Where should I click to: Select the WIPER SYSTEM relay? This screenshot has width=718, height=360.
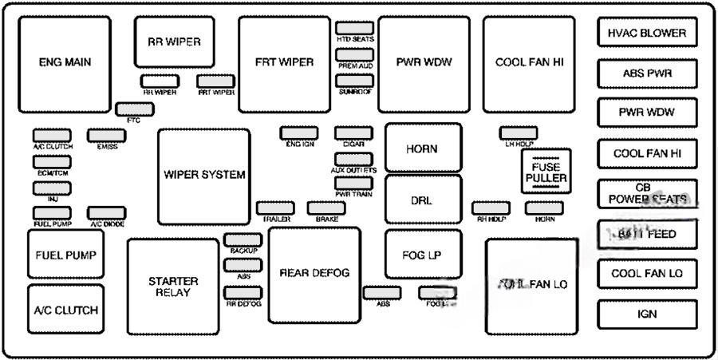point(204,176)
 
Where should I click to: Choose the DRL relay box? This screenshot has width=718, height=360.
point(423,200)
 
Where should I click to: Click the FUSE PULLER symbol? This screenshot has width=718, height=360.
point(546,170)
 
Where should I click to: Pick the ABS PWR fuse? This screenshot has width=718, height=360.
point(647,73)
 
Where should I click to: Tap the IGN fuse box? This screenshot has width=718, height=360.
point(647,314)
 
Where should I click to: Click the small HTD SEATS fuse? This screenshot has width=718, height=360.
point(355,28)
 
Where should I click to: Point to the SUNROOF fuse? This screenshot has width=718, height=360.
point(355,81)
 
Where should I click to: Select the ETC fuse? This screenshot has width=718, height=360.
point(128,109)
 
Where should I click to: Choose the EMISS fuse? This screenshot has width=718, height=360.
point(106,135)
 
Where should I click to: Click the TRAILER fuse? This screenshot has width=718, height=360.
point(274,208)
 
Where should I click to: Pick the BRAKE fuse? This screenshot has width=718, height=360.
point(325,208)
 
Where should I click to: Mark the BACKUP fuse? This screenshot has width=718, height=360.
point(243,239)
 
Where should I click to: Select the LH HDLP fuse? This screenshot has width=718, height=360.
point(519,133)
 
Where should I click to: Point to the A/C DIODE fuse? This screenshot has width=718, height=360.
point(106,212)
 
